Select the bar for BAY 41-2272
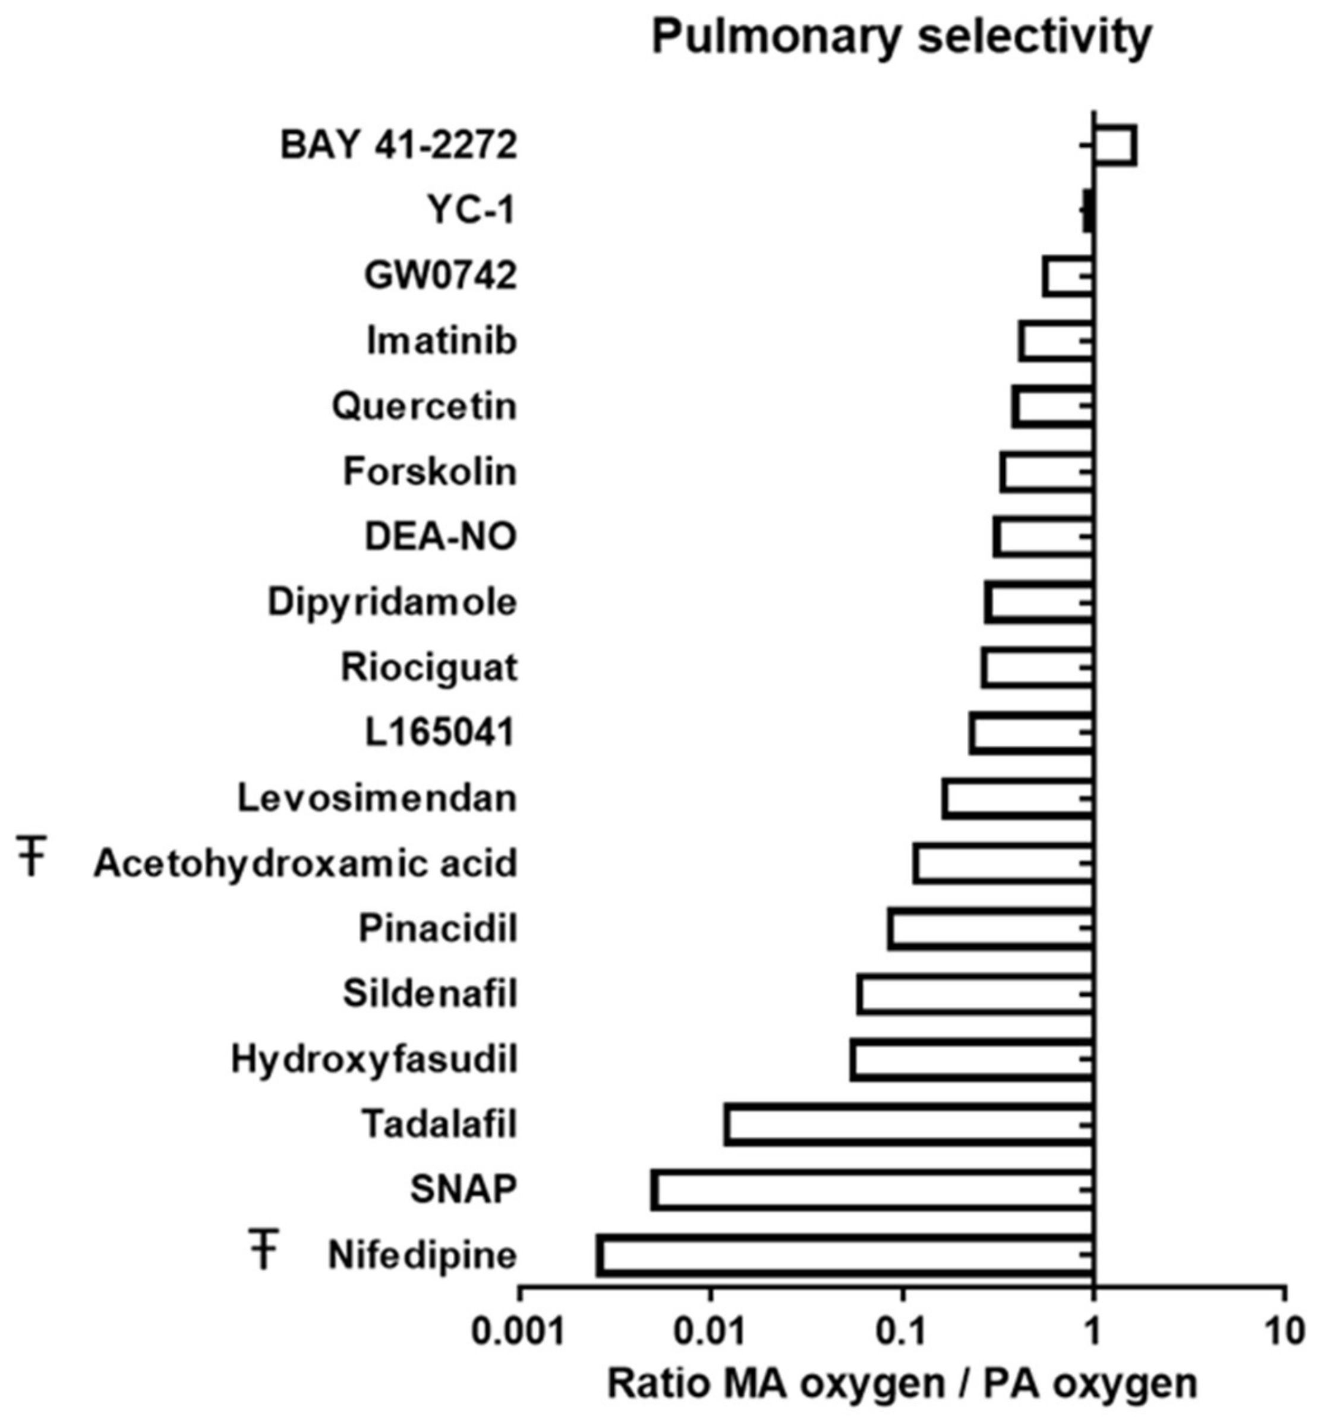[x=1114, y=146]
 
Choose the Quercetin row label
[x=424, y=407]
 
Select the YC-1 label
[x=471, y=210]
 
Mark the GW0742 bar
[x=1068, y=276]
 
